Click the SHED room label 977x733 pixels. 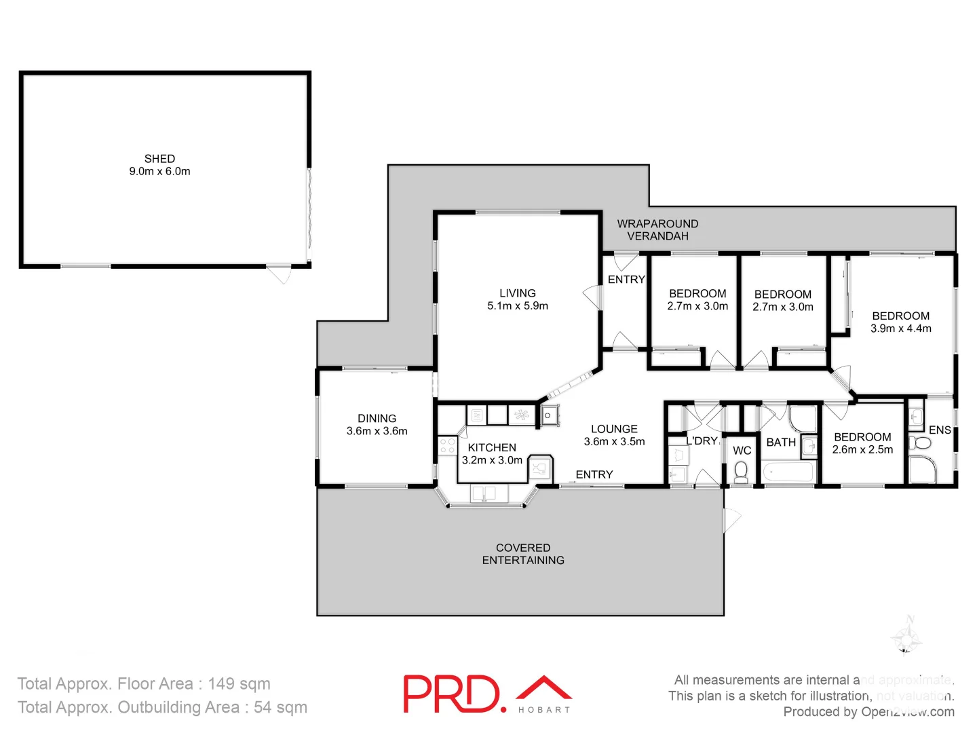(x=159, y=165)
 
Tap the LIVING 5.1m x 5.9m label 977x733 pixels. (x=517, y=299)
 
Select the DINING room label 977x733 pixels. (x=377, y=425)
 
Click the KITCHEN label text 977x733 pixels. (x=492, y=448)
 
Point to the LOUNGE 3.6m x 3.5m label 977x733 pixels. (x=614, y=435)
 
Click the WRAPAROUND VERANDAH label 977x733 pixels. (x=657, y=230)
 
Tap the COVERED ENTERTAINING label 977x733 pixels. (x=523, y=554)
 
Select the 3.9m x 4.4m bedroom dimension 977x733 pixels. (x=900, y=328)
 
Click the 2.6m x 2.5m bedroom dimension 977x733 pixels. (x=862, y=450)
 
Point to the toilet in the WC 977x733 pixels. (x=741, y=472)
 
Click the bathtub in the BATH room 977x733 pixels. (x=788, y=472)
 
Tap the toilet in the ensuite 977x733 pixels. (x=921, y=443)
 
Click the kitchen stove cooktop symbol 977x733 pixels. (x=447, y=446)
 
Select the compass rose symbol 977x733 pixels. (x=906, y=637)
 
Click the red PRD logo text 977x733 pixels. (x=451, y=694)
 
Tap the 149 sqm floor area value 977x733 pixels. (x=239, y=683)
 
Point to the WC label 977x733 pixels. (x=742, y=451)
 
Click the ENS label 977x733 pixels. (x=940, y=430)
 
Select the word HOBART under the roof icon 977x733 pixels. (x=544, y=710)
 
